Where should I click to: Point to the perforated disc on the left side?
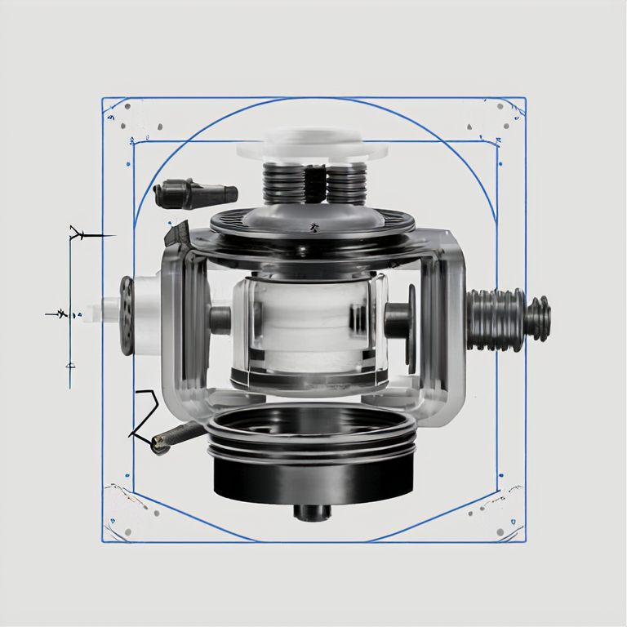pos(127,315)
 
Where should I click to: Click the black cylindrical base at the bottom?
pos(313,482)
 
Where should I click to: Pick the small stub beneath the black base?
pos(313,512)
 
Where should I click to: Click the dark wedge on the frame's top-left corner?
pos(176,233)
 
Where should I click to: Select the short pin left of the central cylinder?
pos(220,319)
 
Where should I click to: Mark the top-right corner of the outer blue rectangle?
pos(525,99)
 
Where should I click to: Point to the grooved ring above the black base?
pos(313,441)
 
